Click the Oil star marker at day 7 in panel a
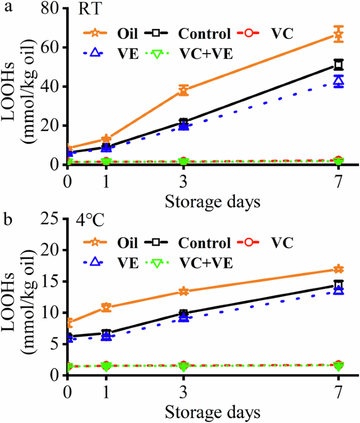(339, 35)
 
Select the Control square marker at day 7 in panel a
(339, 65)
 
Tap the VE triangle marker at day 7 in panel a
(339, 80)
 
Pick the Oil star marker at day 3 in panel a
(183, 90)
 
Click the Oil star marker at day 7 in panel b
(339, 269)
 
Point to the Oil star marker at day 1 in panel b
(106, 307)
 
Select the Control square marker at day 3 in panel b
(183, 314)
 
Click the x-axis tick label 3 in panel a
(183, 182)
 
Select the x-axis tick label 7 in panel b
(339, 392)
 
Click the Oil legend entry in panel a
(127, 35)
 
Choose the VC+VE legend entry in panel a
(203, 53)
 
